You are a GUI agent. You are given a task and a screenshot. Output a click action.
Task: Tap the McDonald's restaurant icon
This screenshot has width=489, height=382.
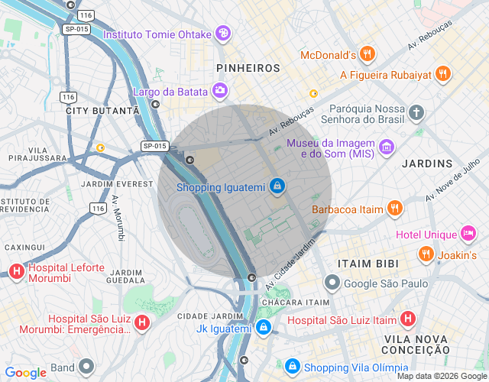(368, 54)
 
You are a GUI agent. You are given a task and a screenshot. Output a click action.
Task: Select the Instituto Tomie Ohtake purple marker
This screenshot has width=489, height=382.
(223, 34)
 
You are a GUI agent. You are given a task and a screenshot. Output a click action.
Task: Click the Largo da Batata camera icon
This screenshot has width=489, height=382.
(220, 92)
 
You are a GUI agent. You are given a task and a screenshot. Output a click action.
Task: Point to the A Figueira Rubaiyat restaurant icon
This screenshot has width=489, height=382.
(443, 74)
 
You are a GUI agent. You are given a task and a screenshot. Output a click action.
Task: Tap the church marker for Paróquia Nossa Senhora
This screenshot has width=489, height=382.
(416, 113)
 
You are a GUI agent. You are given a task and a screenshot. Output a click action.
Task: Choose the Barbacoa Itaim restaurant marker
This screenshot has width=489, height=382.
(394, 208)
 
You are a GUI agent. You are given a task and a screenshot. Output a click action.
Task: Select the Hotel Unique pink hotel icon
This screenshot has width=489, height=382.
(468, 233)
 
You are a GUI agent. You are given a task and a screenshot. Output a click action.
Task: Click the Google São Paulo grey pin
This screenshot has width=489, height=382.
(332, 283)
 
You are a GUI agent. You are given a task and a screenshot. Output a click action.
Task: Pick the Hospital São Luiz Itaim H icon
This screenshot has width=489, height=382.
(409, 319)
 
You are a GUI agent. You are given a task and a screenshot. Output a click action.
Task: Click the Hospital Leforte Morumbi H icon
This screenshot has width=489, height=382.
(16, 271)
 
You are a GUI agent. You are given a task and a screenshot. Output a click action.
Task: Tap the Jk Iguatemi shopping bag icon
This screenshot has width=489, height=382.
(264, 329)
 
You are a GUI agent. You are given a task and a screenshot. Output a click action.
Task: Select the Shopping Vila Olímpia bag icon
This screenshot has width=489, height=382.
(293, 367)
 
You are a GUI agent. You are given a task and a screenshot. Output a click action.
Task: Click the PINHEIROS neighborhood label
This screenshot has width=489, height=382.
(248, 68)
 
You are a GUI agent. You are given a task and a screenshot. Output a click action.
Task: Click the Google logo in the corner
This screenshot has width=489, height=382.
(25, 373)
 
